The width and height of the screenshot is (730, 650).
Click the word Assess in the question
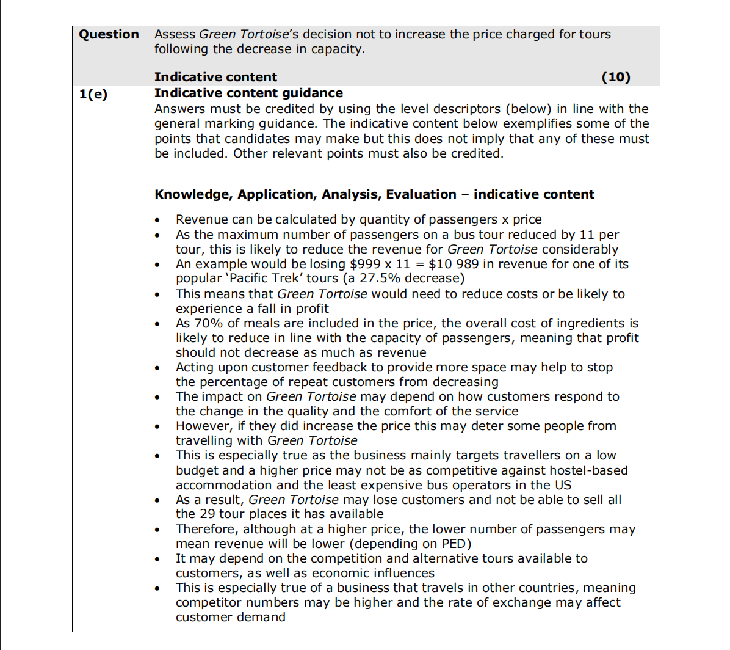[175, 35]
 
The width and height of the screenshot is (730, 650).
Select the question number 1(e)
[93, 94]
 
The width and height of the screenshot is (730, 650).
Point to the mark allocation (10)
[616, 77]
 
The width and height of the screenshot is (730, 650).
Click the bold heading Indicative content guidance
[248, 93]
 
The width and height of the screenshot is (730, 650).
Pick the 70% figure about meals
[208, 323]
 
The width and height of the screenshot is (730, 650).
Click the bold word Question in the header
[109, 35]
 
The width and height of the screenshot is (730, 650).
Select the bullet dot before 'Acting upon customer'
[158, 368]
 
